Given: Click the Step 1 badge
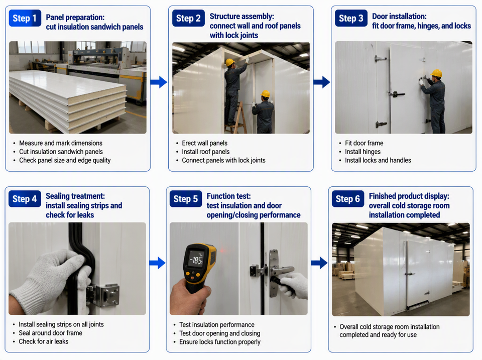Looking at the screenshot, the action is point(25,18).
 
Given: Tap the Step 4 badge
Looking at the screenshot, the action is point(25,199).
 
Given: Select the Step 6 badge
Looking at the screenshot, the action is point(348,199).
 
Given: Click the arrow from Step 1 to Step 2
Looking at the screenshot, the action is point(159,82).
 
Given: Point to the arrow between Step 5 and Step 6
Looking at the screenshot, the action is point(319,263).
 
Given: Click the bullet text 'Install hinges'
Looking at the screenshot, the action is point(363,152).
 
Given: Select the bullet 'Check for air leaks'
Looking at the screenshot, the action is point(43,341).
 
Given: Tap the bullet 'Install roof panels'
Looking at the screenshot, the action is point(206,152).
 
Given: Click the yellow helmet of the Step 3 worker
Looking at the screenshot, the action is point(436,73).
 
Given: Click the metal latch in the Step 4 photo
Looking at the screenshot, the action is point(103,295).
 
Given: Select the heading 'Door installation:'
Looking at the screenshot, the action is point(399,16).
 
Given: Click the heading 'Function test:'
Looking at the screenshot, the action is point(229,196).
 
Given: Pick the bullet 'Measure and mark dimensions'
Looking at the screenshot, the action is point(61,143).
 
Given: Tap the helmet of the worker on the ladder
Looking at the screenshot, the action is point(230,62).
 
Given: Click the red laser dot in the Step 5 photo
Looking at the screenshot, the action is point(222,251).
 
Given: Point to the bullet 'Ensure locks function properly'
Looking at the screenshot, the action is point(220,342).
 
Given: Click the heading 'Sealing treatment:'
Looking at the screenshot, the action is point(75,196).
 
